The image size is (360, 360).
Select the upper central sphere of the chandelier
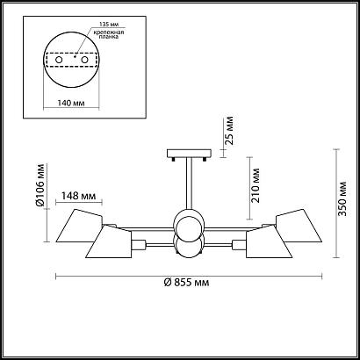coord(189,220)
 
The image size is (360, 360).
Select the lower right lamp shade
coord(267,243)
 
